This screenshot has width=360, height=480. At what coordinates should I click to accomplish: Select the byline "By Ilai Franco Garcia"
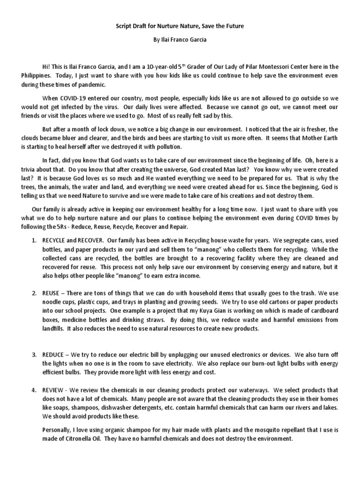click(x=180, y=40)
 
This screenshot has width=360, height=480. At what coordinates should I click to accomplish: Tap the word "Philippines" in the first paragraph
click(x=37, y=75)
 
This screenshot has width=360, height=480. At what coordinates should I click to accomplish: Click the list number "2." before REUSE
click(x=34, y=293)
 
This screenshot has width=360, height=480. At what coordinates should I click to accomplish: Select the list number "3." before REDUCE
click(x=34, y=354)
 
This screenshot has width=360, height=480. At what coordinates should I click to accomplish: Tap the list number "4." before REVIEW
click(x=34, y=390)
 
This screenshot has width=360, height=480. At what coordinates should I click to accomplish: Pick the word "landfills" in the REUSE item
click(x=53, y=329)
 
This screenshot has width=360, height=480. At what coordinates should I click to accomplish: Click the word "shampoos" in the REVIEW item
click(x=86, y=407)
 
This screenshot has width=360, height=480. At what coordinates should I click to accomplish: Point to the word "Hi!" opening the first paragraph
click(x=46, y=66)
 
